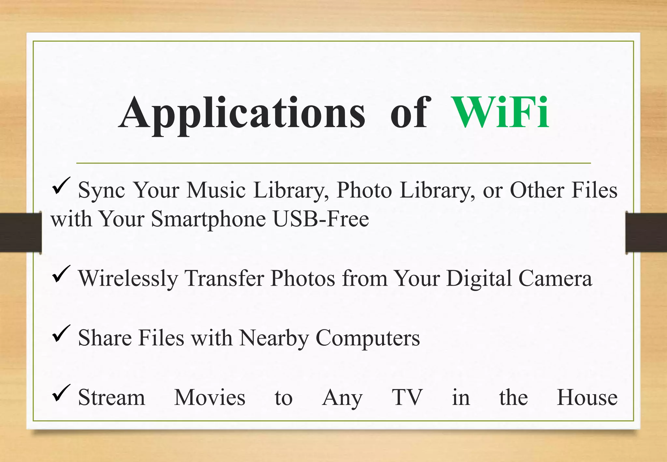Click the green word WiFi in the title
point(500,113)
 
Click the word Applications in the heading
point(242,113)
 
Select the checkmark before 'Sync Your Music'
point(61,186)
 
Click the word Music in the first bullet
point(216,190)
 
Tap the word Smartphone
point(208,219)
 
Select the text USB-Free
point(321,219)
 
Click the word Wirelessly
point(128,279)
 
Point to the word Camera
point(555,279)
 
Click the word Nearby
point(274,338)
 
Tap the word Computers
point(368,338)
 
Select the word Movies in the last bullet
point(210,397)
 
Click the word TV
point(407,397)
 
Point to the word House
point(587,397)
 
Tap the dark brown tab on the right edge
point(646,232)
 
